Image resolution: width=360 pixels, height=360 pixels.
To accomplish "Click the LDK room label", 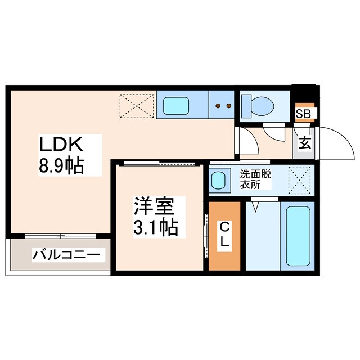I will [x=61, y=145].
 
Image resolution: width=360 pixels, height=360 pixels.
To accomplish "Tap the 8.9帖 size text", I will [x=62, y=166].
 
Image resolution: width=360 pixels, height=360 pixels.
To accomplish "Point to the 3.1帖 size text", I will [x=156, y=227].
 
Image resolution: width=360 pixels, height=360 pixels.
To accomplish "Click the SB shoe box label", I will [x=304, y=114].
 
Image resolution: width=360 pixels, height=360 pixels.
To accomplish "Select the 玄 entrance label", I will [x=304, y=143].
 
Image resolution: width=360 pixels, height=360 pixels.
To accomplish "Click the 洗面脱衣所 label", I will [x=256, y=179].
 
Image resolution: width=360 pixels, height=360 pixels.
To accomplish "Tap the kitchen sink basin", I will [x=177, y=105].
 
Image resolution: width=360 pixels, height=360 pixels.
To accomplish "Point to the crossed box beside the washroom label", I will [x=299, y=180].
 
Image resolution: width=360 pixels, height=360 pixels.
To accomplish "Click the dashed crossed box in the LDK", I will [x=137, y=105].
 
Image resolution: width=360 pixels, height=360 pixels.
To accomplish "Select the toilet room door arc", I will [x=274, y=134].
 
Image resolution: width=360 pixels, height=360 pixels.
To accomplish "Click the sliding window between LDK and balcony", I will [x=61, y=235].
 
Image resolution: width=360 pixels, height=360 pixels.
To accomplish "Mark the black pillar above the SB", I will [x=304, y=92].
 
